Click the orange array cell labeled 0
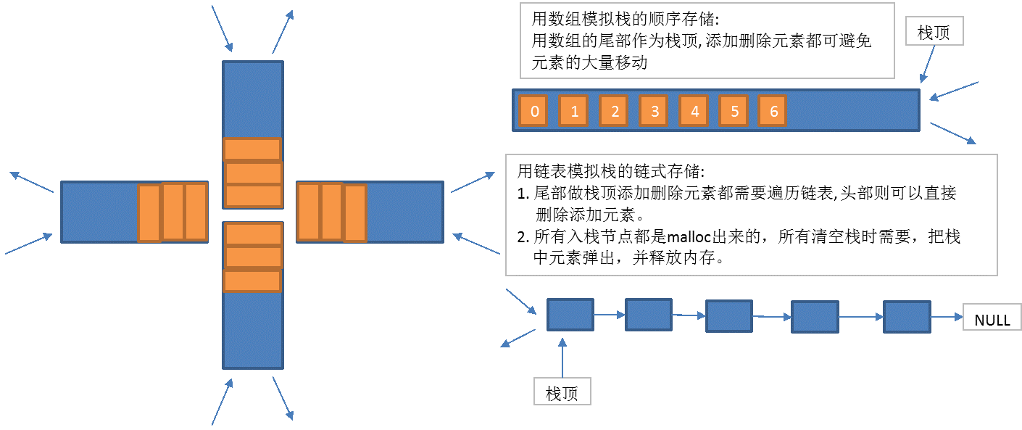(x=534, y=111)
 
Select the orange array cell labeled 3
(x=655, y=111)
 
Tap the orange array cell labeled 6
(x=773, y=111)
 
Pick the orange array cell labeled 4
(x=694, y=111)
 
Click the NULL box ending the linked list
(x=992, y=319)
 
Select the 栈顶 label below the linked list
(x=562, y=393)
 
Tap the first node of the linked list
(x=570, y=315)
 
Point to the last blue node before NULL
(x=906, y=317)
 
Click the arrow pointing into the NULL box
(x=946, y=317)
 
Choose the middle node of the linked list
(x=728, y=316)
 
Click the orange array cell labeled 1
(x=574, y=111)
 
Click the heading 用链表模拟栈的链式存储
(x=609, y=173)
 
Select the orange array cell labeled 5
(x=734, y=111)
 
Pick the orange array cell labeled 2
(x=614, y=111)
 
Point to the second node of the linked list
(x=649, y=315)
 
